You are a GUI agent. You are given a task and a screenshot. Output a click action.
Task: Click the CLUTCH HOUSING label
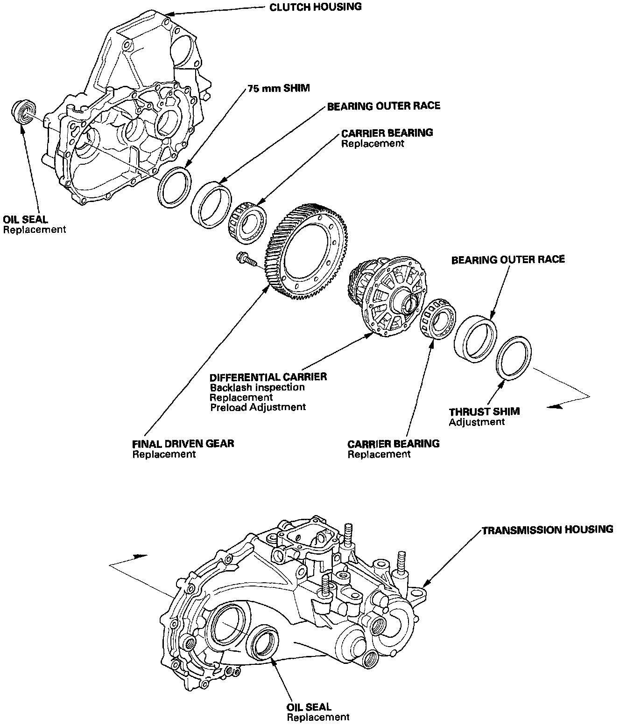click(x=315, y=7)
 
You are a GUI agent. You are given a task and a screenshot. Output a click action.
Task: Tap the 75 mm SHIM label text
click(x=278, y=88)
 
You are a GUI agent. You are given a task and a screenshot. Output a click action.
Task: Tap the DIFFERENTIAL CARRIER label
click(x=268, y=376)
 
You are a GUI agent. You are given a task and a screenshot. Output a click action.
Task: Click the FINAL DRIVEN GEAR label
click(x=183, y=443)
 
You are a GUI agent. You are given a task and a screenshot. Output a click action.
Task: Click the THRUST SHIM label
click(x=484, y=412)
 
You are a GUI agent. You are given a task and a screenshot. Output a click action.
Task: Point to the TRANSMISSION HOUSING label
click(x=547, y=530)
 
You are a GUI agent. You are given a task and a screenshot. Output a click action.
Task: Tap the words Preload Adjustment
click(x=258, y=407)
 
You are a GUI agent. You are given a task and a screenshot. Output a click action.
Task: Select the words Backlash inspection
click(x=257, y=387)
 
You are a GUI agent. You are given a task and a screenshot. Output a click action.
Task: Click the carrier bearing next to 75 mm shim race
click(x=247, y=222)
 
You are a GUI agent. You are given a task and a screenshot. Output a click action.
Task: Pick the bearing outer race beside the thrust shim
click(x=475, y=337)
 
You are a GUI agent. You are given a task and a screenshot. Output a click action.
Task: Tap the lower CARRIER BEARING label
click(x=394, y=443)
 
